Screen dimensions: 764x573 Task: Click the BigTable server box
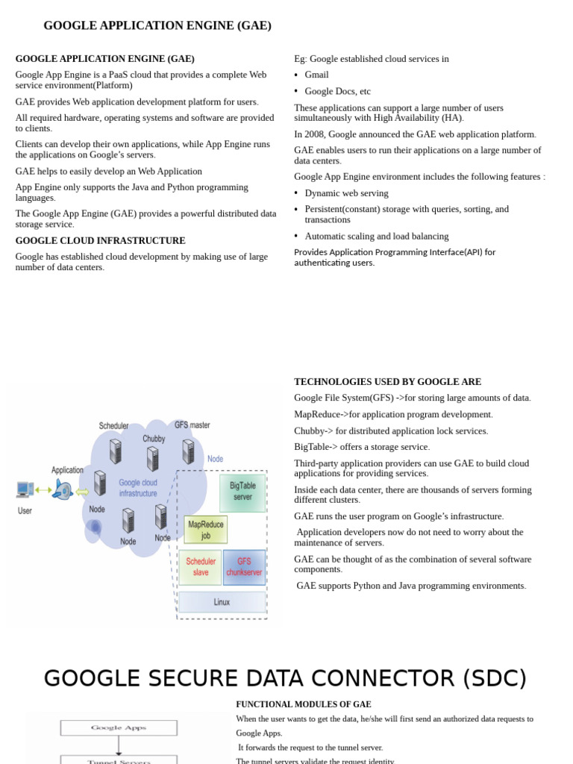tap(242, 492)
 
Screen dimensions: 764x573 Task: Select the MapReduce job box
tap(206, 530)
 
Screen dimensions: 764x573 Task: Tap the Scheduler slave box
tap(200, 567)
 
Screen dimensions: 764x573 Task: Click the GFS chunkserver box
tap(244, 567)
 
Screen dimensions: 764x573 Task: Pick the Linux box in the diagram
tap(222, 602)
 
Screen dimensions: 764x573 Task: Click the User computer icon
tap(25, 490)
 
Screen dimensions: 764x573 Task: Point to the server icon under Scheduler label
tap(116, 451)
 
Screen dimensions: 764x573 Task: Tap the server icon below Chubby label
tap(153, 458)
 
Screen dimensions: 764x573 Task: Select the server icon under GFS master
tap(188, 451)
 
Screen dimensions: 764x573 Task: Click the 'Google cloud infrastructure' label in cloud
tap(138, 488)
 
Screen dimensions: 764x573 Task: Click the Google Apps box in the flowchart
tap(119, 727)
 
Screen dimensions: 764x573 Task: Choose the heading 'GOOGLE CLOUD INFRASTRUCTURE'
tap(100, 241)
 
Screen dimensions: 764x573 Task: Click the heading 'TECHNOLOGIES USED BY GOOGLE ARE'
tap(387, 382)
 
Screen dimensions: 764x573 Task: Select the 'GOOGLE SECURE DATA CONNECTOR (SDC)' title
tap(285, 678)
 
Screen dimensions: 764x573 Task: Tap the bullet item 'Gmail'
tap(316, 75)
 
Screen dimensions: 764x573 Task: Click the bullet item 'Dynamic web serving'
tap(346, 193)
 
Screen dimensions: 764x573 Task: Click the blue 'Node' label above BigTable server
tap(215, 459)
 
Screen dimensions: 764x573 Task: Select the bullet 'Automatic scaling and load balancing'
tap(376, 237)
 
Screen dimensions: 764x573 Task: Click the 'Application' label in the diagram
tap(67, 470)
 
